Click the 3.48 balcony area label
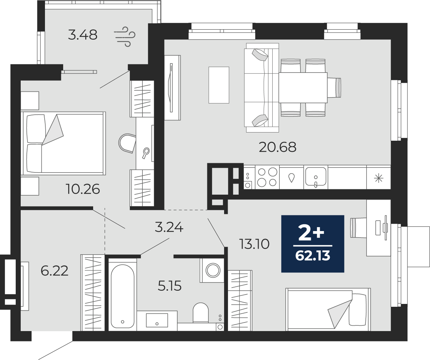82,35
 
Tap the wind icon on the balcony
125,36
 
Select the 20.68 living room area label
278,147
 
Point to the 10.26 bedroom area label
83,189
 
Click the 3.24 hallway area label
169,227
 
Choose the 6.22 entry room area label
54,271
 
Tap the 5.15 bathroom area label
170,286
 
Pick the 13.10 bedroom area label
254,244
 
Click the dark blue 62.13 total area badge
313,244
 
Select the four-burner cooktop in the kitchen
267,177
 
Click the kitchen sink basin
316,177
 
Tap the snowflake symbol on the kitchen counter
379,178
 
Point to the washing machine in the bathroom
212,270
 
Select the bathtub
122,296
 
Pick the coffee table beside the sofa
219,85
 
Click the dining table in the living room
303,87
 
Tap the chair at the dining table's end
334,87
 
